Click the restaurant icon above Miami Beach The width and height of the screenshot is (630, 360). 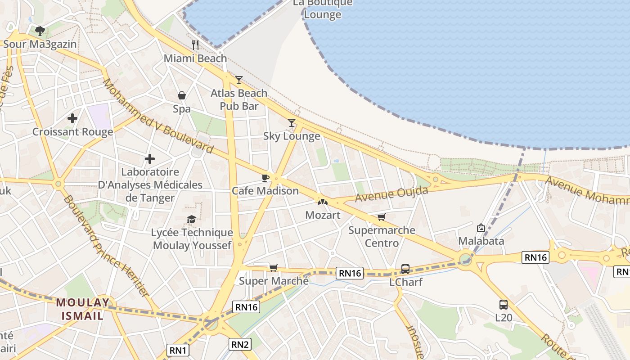click(x=195, y=45)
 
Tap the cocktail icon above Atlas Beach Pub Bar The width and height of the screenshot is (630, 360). click(x=239, y=80)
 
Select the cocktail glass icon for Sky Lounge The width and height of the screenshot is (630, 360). click(x=292, y=122)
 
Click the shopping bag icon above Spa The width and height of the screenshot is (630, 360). click(x=182, y=95)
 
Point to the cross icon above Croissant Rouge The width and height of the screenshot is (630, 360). click(x=72, y=118)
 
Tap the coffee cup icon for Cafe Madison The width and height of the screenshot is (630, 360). click(x=265, y=178)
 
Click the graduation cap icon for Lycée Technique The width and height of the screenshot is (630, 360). click(x=192, y=219)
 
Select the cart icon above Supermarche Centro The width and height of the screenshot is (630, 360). click(x=382, y=217)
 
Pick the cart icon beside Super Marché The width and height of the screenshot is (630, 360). click(x=273, y=268)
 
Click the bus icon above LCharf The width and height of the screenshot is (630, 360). click(x=405, y=269)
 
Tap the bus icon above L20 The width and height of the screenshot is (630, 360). click(x=504, y=304)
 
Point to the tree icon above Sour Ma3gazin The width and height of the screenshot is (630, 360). click(x=40, y=31)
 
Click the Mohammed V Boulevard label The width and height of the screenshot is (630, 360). click(x=157, y=116)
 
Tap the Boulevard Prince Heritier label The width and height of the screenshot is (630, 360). click(x=106, y=246)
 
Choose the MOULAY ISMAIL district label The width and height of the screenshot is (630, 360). click(x=83, y=309)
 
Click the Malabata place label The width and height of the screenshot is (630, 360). click(x=481, y=241)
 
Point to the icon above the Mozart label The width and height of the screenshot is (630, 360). click(x=323, y=202)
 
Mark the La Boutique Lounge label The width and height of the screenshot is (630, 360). click(x=323, y=9)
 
